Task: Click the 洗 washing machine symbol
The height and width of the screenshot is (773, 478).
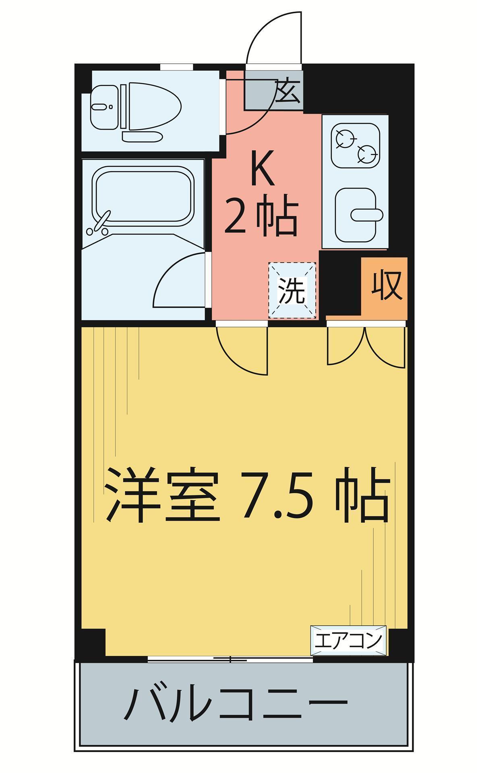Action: pos(292,291)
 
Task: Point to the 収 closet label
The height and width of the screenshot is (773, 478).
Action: pos(386,285)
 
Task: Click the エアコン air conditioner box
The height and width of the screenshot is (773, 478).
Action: pos(348,641)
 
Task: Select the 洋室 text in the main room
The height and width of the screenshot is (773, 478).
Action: pos(161,495)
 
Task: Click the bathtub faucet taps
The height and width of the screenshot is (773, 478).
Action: pos(99,225)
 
